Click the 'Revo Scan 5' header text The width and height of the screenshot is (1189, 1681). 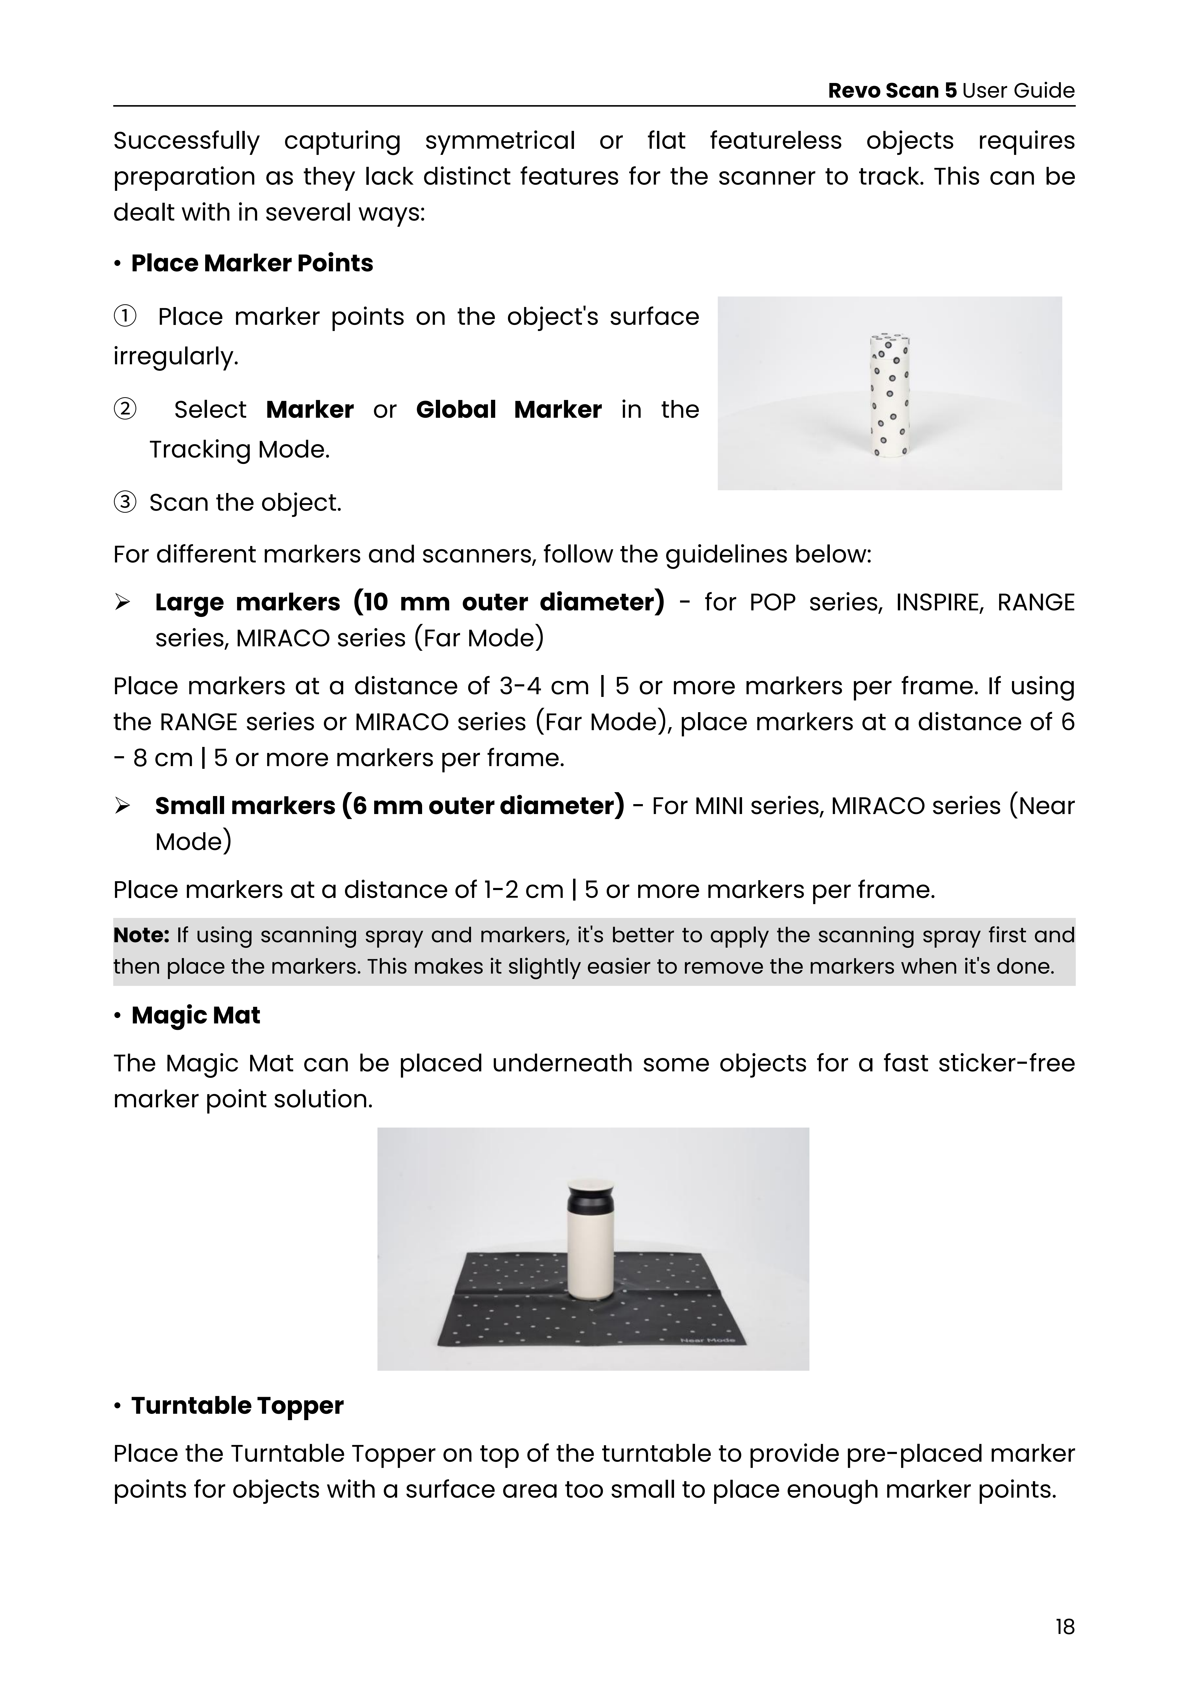point(892,91)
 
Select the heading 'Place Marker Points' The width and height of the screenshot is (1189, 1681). point(252,264)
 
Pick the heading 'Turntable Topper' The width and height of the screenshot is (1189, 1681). point(237,1406)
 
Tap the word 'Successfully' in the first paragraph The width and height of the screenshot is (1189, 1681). point(186,140)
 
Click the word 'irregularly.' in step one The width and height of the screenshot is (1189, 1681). point(176,357)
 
